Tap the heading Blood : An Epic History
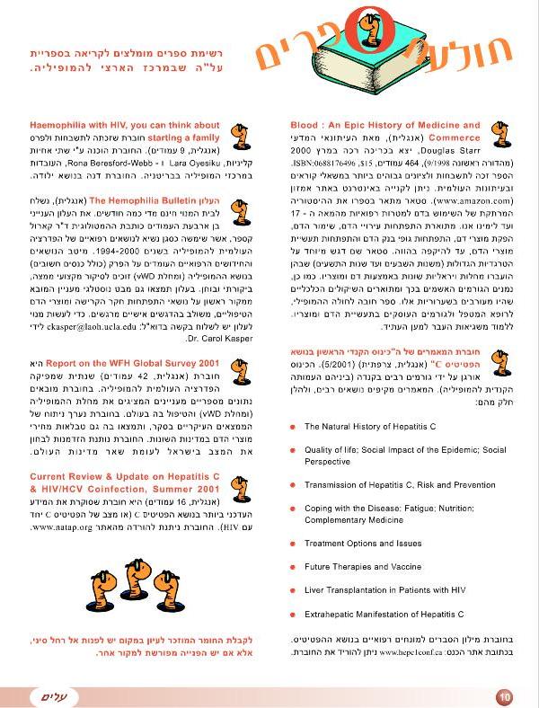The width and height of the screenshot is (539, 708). pyautogui.click(x=385, y=125)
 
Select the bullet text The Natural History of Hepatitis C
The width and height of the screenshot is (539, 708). pyautogui.click(x=370, y=427)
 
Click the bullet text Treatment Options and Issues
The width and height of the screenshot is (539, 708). pyautogui.click(x=363, y=543)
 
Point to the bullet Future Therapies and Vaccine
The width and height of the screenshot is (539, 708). pyautogui.click(x=363, y=567)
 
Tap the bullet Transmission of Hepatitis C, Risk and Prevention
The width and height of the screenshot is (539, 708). pyautogui.click(x=400, y=484)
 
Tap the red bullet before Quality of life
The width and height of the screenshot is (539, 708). pyautogui.click(x=293, y=450)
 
